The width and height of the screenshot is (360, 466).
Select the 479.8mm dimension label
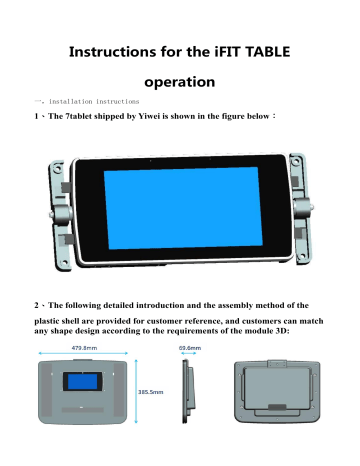(84, 348)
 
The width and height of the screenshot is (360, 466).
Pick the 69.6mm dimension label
(190, 348)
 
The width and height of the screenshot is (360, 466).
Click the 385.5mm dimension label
(151, 393)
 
